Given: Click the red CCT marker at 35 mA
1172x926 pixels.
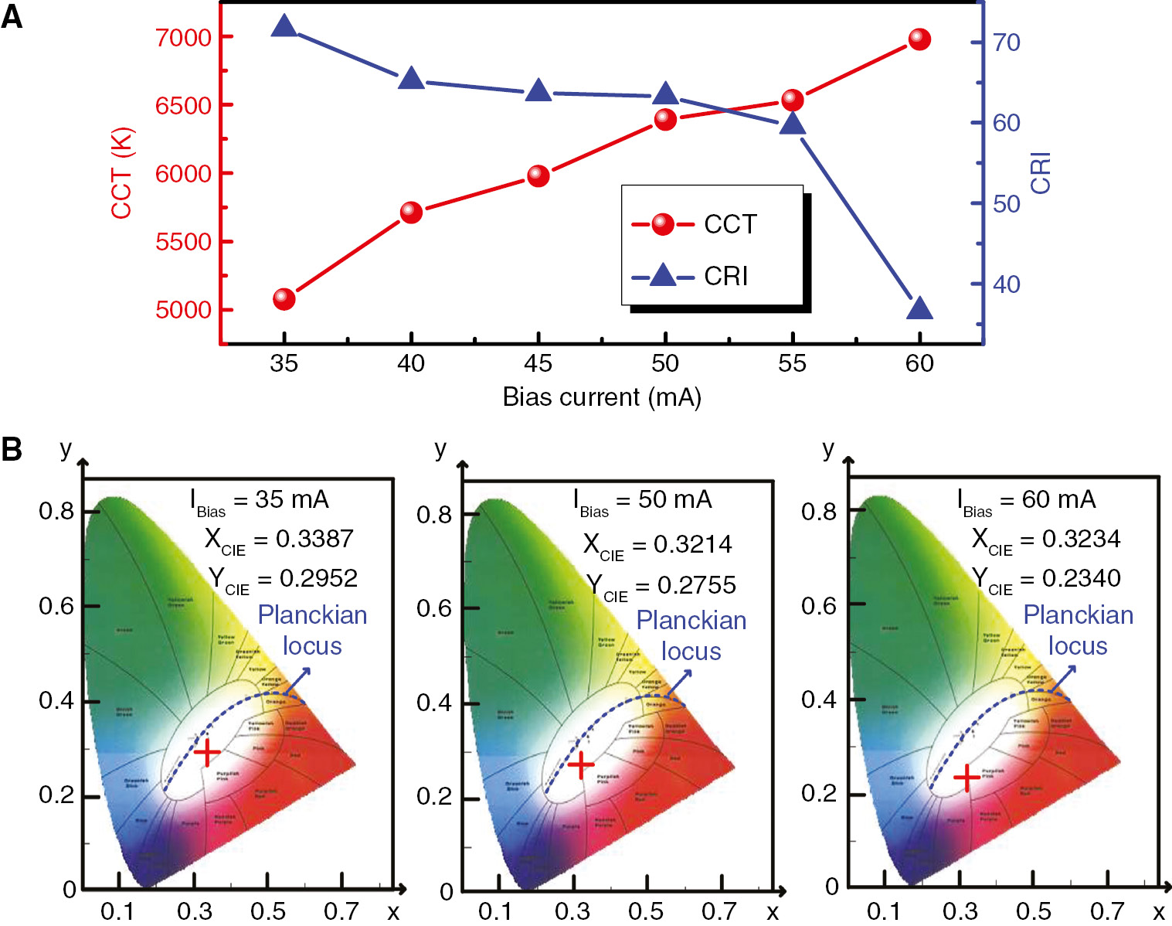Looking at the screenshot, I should coord(284,298).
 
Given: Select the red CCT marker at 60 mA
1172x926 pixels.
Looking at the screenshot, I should coord(919,39).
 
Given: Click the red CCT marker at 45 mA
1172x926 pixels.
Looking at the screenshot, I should coord(538,176).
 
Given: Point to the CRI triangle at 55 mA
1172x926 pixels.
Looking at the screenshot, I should coord(792,124).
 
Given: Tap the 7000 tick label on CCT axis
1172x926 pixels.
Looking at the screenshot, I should coord(183,37).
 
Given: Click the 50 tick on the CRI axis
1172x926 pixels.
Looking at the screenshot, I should coord(1006,204).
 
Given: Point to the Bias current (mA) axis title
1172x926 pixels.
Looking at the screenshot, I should coord(601,397).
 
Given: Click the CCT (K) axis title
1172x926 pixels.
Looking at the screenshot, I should coord(122,173).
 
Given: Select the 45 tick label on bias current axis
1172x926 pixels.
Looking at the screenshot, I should coord(538,363).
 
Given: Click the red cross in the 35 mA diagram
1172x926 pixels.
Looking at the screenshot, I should coord(206,751).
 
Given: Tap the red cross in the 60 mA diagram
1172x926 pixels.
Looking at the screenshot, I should coord(966,778).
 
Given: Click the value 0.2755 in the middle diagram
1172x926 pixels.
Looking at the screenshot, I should coord(696,585).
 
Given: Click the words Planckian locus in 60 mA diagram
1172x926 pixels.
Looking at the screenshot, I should coord(1078,630).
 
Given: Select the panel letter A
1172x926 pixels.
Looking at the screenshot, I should coord(12,15).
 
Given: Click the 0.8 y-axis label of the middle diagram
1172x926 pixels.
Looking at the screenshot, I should coord(433,515).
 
